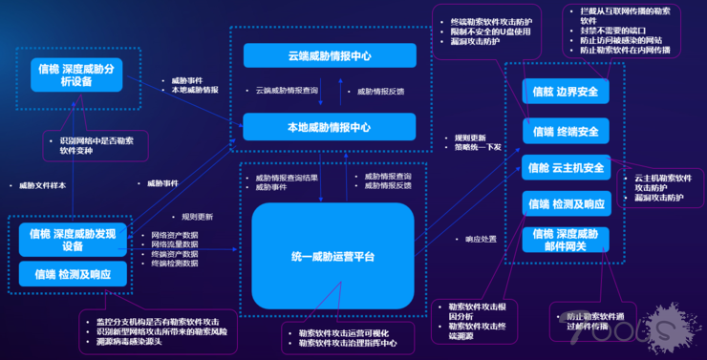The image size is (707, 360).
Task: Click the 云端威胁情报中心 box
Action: [x=329, y=56]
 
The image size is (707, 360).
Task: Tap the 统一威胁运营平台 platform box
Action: [x=332, y=256]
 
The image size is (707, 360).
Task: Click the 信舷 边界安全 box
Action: [x=566, y=92]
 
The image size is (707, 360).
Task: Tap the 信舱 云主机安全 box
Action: [x=566, y=168]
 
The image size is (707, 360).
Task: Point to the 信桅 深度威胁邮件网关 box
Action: [x=566, y=240]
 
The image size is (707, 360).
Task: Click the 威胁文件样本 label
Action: [x=42, y=185]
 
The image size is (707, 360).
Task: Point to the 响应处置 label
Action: [x=481, y=239]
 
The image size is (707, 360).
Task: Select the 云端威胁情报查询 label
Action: [x=287, y=92]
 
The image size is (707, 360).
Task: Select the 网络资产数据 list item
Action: [x=175, y=234]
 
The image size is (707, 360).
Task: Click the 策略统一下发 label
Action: [x=478, y=147]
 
